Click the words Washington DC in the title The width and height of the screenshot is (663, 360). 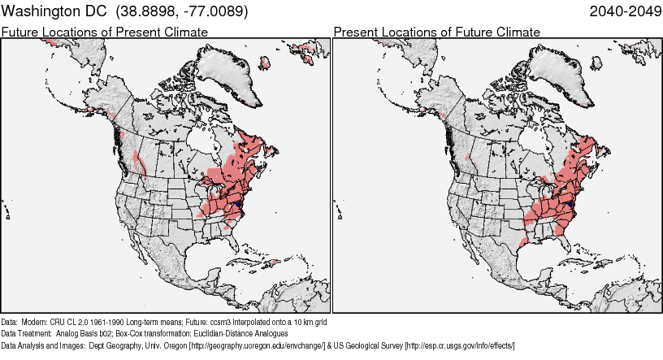pos(55,12)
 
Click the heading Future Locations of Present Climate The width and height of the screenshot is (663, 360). pos(105,32)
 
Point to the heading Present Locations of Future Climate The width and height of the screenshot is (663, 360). pos(436,32)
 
